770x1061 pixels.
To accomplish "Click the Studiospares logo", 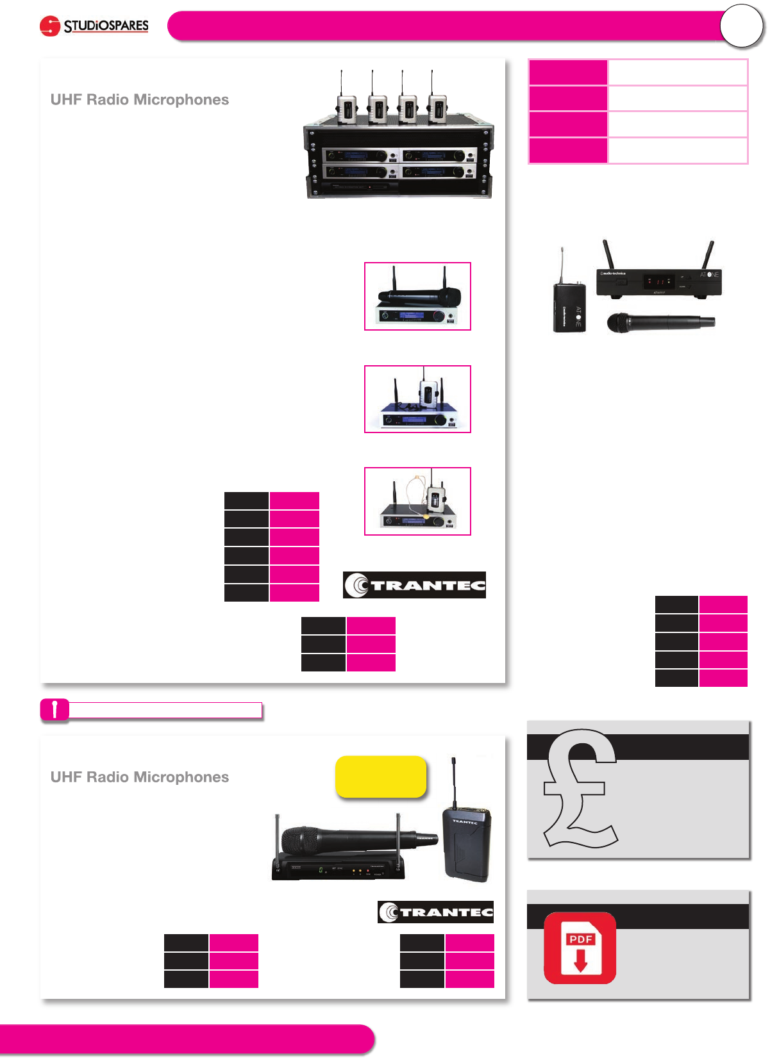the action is coord(94,26).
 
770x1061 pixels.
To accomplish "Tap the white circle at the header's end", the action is coord(741,26).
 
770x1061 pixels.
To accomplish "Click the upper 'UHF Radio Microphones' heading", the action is coord(140,100).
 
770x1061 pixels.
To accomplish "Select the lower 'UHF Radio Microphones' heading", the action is coord(140,777).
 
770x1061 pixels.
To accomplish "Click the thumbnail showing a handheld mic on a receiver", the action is coord(417,297).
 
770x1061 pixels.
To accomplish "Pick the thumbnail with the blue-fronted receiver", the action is coord(417,399).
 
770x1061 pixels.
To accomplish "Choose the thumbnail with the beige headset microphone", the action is coord(417,501).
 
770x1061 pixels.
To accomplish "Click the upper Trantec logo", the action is coord(414,585).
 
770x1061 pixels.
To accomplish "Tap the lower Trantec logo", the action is coord(436,912).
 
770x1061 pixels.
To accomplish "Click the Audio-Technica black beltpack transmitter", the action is coord(569,308).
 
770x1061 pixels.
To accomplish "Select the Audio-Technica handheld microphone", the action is coord(660,322).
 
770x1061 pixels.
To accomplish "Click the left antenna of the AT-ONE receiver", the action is coord(608,255).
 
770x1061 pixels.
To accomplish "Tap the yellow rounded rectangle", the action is coord(381,777).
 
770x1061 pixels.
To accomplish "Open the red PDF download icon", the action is coord(580,948).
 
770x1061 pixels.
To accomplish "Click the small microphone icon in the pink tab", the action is coord(54,710).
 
